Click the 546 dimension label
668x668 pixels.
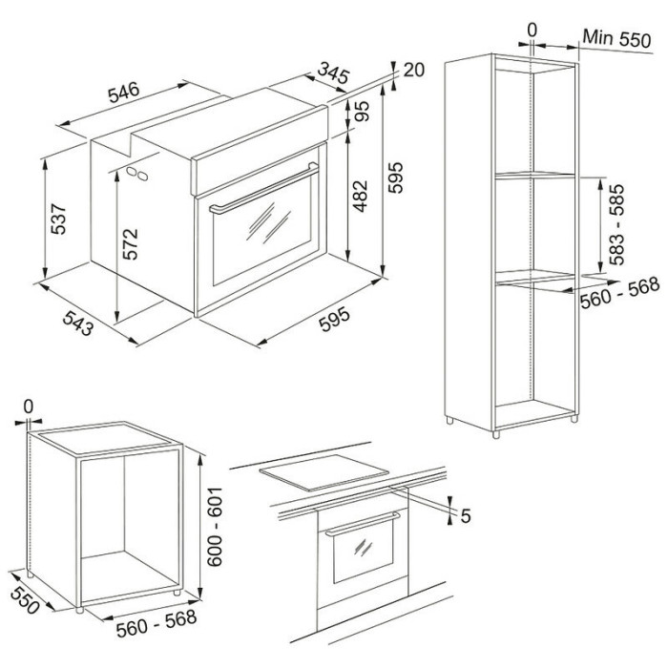(x=123, y=93)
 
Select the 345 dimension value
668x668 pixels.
(x=334, y=73)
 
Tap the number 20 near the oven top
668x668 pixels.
(x=413, y=70)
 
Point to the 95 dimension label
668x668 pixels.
(x=362, y=112)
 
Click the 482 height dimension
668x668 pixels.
(x=361, y=196)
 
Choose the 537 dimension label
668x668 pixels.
(x=58, y=219)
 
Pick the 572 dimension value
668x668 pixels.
(x=131, y=243)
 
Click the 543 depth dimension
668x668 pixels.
(x=78, y=323)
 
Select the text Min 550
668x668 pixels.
(x=616, y=38)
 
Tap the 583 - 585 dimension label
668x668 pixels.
(x=616, y=224)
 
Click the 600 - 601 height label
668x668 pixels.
(x=215, y=527)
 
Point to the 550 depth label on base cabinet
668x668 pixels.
(x=25, y=600)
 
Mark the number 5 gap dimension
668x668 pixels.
(x=466, y=516)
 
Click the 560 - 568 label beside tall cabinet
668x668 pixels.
(x=620, y=292)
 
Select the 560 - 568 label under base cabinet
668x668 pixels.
(x=157, y=623)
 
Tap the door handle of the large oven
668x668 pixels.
(x=264, y=188)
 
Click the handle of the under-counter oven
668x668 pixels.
(x=363, y=524)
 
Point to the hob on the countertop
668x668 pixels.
(x=324, y=472)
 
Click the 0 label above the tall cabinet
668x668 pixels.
(x=532, y=31)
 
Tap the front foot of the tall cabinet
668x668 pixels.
(x=495, y=434)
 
